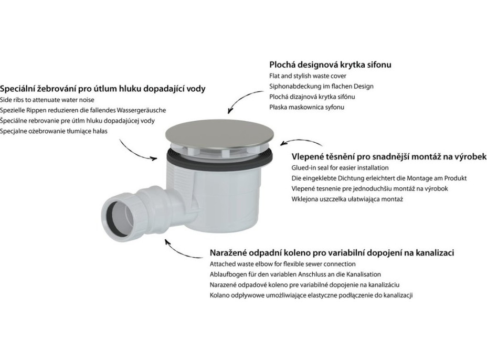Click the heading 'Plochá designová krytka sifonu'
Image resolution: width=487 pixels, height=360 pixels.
pyautogui.click(x=330, y=65)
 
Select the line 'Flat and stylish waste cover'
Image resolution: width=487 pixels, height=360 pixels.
pyautogui.click(x=308, y=76)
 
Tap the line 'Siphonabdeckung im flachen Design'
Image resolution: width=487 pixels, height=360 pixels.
pyautogui.click(x=321, y=87)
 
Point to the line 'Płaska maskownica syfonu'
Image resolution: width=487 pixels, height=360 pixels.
pyautogui.click(x=306, y=107)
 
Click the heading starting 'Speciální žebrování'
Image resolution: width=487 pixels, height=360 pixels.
pyautogui.click(x=102, y=89)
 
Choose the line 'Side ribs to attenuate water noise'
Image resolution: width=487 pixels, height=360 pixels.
pyautogui.click(x=47, y=100)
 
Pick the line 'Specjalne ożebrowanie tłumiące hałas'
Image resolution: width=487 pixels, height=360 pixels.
pyautogui.click(x=54, y=131)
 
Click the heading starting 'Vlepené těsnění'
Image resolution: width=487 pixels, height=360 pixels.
pyautogui.click(x=389, y=156)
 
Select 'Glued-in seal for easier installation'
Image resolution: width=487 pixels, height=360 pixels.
pyautogui.click(x=340, y=168)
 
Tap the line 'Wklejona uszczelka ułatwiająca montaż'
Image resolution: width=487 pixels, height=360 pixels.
pyautogui.click(x=347, y=199)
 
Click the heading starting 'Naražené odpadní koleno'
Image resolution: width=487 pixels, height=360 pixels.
pyautogui.click(x=332, y=252)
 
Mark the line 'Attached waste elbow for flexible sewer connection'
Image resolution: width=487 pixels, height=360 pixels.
pyautogui.click(x=283, y=264)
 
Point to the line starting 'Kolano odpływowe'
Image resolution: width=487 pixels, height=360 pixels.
pyautogui.click(x=311, y=295)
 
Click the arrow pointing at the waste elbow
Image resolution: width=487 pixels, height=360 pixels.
pyautogui.click(x=179, y=251)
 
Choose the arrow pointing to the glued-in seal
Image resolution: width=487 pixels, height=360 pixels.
pyautogui.click(x=302, y=141)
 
